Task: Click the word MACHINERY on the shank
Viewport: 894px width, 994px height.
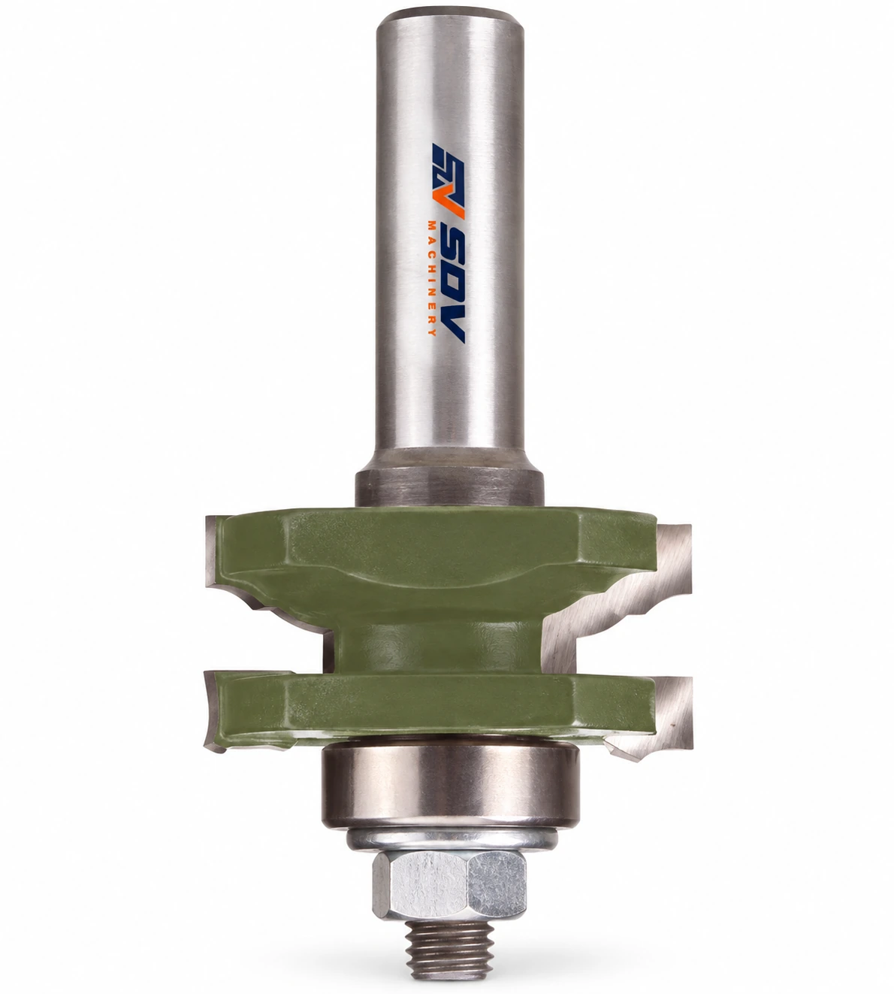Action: (433, 280)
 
